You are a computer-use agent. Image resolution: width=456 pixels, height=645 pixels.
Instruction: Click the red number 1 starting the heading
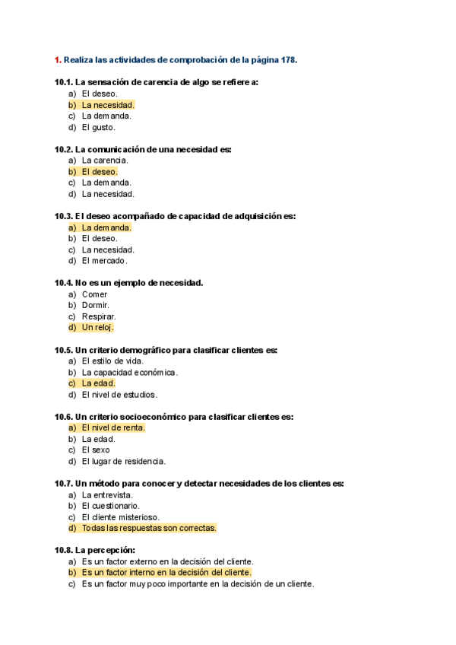click(x=57, y=59)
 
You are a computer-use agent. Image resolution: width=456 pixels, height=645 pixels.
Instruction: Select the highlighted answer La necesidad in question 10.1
click(x=107, y=105)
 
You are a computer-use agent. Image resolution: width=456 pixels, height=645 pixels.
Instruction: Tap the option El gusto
click(x=99, y=127)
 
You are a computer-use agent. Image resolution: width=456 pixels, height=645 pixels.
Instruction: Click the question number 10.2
click(x=64, y=150)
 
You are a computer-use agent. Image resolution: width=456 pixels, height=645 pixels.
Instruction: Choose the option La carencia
click(x=105, y=160)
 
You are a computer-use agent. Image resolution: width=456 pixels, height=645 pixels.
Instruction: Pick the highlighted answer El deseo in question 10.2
click(x=100, y=172)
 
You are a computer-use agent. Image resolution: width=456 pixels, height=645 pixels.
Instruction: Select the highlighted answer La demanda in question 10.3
click(x=106, y=227)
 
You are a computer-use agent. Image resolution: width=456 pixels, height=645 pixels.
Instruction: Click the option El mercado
click(x=104, y=261)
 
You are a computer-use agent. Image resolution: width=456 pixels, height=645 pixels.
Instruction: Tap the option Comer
click(x=95, y=294)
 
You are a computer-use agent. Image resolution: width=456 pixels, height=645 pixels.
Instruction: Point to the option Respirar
click(x=99, y=316)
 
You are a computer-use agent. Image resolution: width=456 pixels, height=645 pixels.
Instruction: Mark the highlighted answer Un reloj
click(x=97, y=328)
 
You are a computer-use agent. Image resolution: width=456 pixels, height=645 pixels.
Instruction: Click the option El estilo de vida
click(x=112, y=361)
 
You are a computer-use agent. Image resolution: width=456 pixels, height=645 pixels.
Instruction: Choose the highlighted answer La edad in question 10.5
click(x=98, y=383)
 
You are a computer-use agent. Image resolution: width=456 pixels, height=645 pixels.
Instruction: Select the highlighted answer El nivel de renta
click(x=113, y=427)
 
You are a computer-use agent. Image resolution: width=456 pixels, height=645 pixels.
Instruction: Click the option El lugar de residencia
click(x=123, y=461)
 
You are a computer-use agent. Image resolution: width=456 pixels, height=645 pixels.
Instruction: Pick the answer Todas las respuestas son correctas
click(x=149, y=528)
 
